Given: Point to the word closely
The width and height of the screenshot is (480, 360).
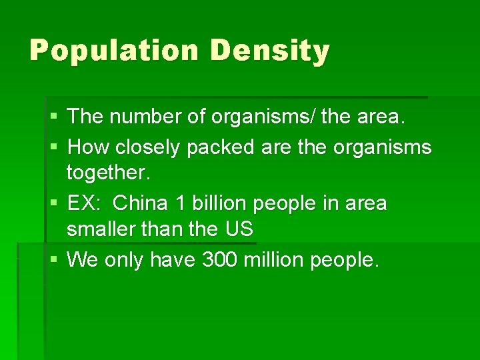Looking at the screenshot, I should tap(147, 147).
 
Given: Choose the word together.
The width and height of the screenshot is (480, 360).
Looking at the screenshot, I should tap(109, 173).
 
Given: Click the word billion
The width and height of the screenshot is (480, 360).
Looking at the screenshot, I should tap(223, 203).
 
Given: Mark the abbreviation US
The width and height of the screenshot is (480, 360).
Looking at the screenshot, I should tap(239, 229).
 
